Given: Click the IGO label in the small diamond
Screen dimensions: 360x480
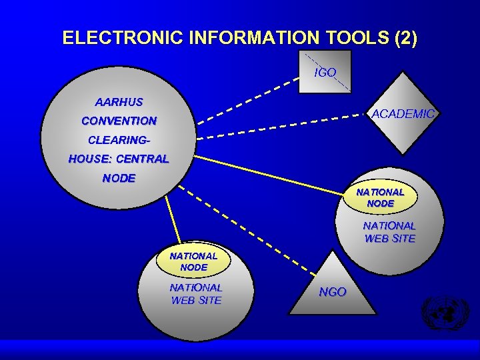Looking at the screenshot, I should click(x=325, y=72).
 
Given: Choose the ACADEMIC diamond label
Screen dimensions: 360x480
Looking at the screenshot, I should click(x=403, y=114).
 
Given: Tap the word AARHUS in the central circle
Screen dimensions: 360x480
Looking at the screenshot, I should click(x=119, y=103).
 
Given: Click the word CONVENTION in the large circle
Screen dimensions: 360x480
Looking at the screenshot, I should click(x=119, y=121).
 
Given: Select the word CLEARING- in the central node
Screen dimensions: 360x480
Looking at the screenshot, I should click(x=119, y=141).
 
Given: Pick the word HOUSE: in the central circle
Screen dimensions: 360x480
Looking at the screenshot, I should click(x=91, y=159).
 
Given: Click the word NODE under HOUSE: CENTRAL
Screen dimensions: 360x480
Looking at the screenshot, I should click(x=119, y=179).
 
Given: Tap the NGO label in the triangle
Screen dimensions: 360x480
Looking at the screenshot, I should click(x=333, y=292).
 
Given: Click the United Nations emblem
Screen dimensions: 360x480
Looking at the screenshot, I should click(x=445, y=313).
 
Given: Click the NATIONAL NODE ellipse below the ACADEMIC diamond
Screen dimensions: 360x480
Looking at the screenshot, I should click(x=380, y=197).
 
